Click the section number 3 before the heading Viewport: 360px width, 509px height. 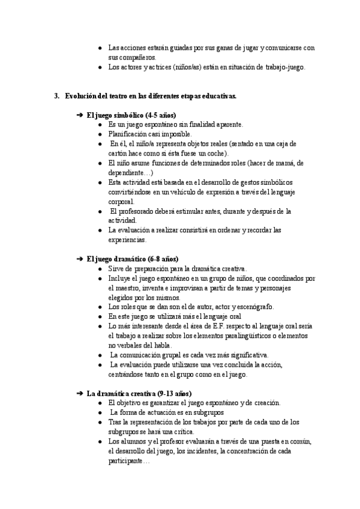(x=56, y=95)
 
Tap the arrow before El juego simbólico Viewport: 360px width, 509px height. (x=80, y=115)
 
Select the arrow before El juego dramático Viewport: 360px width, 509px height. (x=80, y=259)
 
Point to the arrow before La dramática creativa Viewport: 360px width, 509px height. (x=80, y=393)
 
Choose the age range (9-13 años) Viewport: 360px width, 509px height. (x=170, y=393)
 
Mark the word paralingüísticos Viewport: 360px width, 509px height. (x=253, y=336)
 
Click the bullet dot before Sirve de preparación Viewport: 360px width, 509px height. (x=100, y=269)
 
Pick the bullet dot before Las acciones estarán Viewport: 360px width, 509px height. (x=100, y=48)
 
